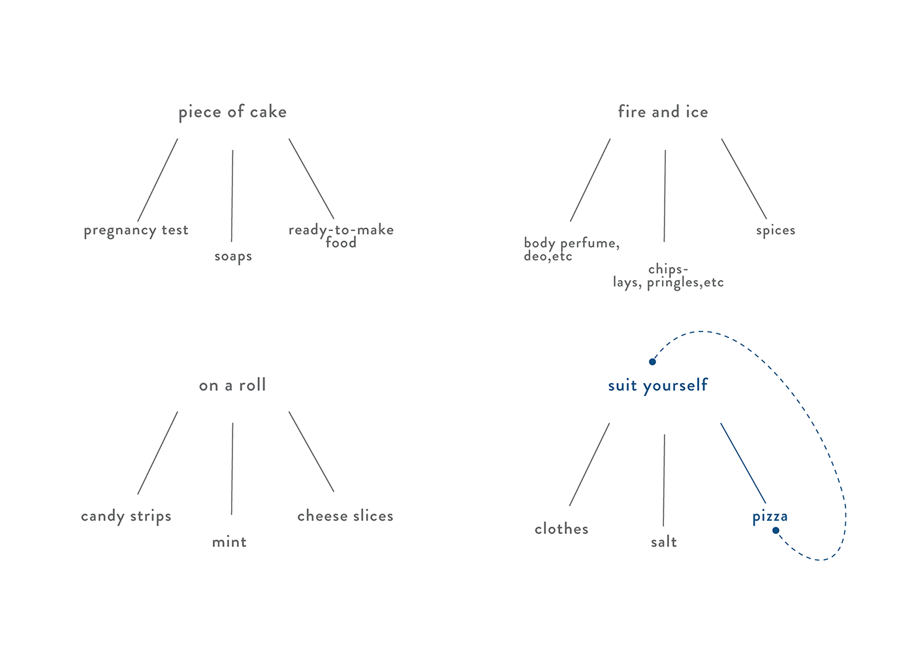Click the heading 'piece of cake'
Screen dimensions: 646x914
point(232,112)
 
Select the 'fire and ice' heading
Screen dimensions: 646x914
point(663,112)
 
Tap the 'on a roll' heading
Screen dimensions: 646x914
point(232,385)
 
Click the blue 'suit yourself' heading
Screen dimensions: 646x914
point(657,385)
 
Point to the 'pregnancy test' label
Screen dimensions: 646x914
point(136,230)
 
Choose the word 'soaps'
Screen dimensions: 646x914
point(233,256)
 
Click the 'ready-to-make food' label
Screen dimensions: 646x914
point(341,236)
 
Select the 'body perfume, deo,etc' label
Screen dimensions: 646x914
point(571,249)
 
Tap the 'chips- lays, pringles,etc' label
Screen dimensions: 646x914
point(668,276)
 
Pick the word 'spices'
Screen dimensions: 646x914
point(776,230)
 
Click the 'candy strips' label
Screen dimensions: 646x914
point(126,516)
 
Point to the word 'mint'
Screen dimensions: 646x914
point(229,542)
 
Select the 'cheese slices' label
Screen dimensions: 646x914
point(345,516)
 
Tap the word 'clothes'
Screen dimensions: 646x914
point(561,529)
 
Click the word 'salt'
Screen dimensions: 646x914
point(664,542)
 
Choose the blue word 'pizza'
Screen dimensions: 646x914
point(770,516)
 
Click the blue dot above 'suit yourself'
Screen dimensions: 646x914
point(652,361)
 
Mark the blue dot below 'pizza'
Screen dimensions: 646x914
point(776,531)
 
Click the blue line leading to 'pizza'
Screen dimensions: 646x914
point(743,463)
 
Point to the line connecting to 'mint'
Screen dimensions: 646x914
point(232,469)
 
